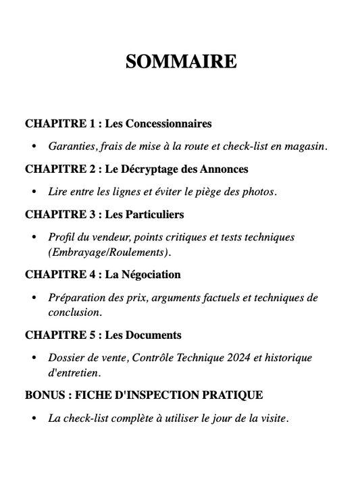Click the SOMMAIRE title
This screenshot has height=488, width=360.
click(x=181, y=61)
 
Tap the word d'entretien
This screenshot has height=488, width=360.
click(x=74, y=373)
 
